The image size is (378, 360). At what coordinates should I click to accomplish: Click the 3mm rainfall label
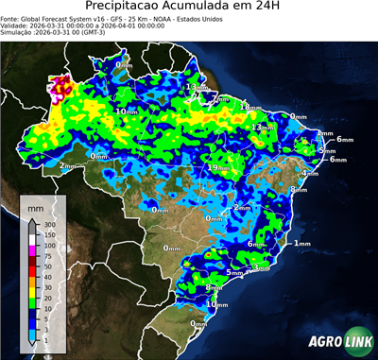(261, 269)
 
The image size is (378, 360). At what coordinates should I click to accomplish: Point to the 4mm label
(309, 174)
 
